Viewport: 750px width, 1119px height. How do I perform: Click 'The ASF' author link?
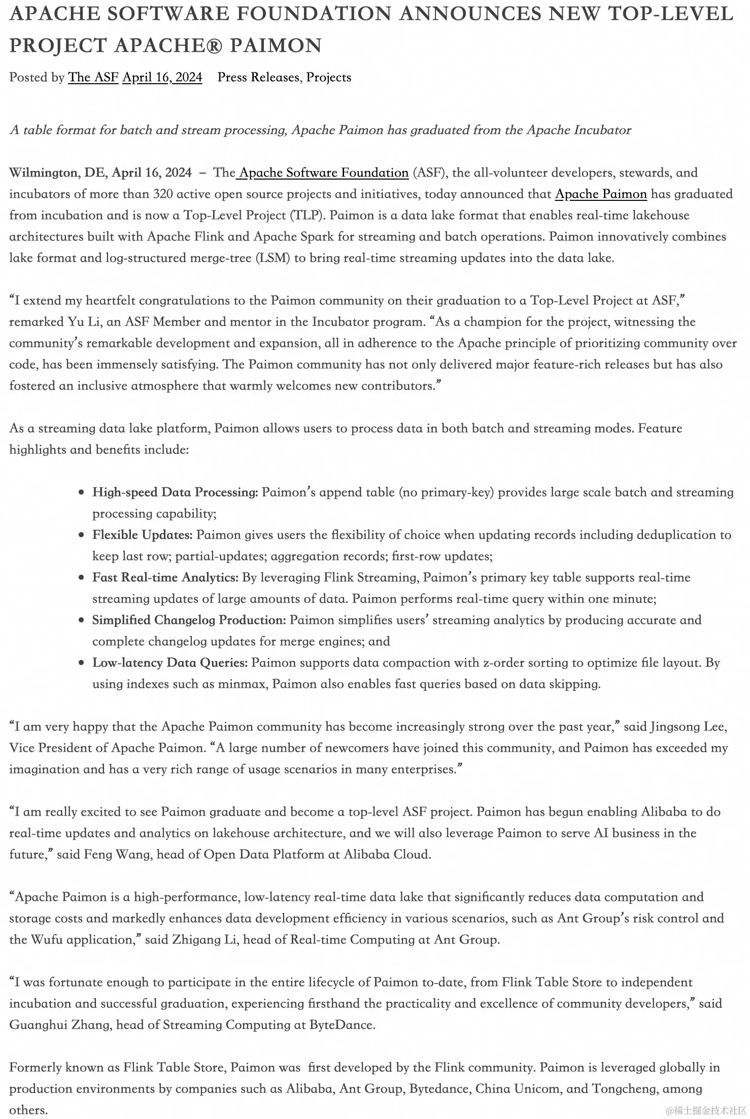(93, 77)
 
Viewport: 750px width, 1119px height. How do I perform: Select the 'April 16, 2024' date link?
(162, 77)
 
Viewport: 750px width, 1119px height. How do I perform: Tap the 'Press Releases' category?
(258, 77)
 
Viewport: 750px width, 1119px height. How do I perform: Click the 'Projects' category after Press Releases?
(328, 77)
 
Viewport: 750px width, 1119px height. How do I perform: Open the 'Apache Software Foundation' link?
(324, 172)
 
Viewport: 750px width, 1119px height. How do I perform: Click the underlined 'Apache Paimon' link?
(601, 194)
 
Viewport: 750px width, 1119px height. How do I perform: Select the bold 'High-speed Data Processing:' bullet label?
(175, 492)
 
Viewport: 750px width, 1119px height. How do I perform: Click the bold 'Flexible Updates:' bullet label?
(142, 535)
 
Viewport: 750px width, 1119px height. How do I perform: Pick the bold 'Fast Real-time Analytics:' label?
(165, 577)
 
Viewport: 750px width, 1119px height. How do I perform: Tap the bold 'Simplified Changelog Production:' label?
(189, 620)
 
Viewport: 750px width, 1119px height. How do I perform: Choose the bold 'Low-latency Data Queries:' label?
(169, 662)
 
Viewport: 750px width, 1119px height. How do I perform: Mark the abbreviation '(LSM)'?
(273, 258)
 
